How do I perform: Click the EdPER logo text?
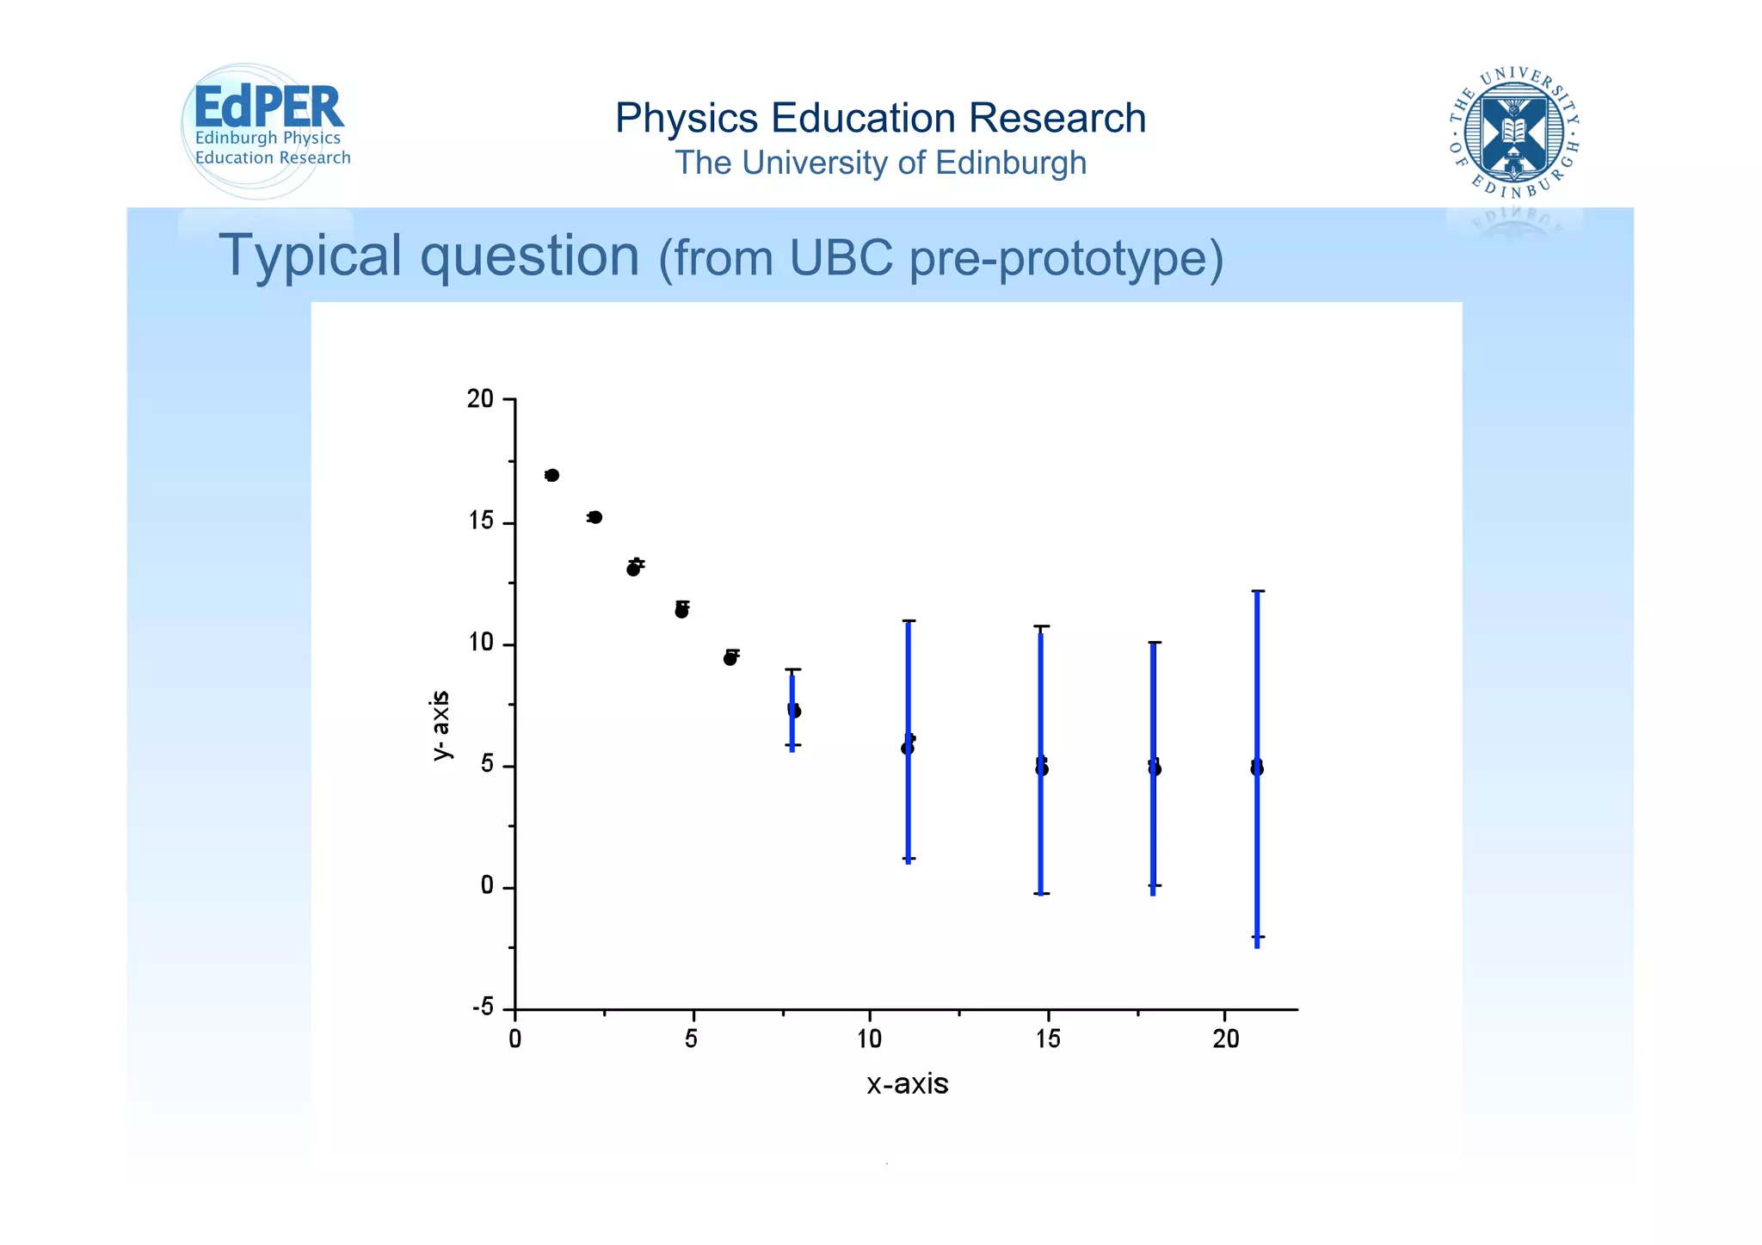[268, 108]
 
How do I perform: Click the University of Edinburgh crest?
[1513, 133]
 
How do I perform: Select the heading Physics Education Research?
[880, 118]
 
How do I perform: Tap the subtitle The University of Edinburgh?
[880, 163]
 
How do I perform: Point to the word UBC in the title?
[841, 257]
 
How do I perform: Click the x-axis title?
[907, 1083]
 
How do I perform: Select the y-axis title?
[440, 725]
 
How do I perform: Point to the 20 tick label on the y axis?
[480, 399]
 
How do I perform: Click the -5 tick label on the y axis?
[483, 1008]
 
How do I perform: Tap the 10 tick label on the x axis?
[869, 1039]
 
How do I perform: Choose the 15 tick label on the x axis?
[1047, 1039]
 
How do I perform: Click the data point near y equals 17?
[552, 476]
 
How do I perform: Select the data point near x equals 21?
[1257, 768]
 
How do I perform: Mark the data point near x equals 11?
[908, 748]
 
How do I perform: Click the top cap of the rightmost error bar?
[1257, 591]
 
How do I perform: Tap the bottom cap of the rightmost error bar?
[1257, 937]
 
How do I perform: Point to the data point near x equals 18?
[1155, 768]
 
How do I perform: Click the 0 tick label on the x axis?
[514, 1039]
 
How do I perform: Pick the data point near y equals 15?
[595, 517]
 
